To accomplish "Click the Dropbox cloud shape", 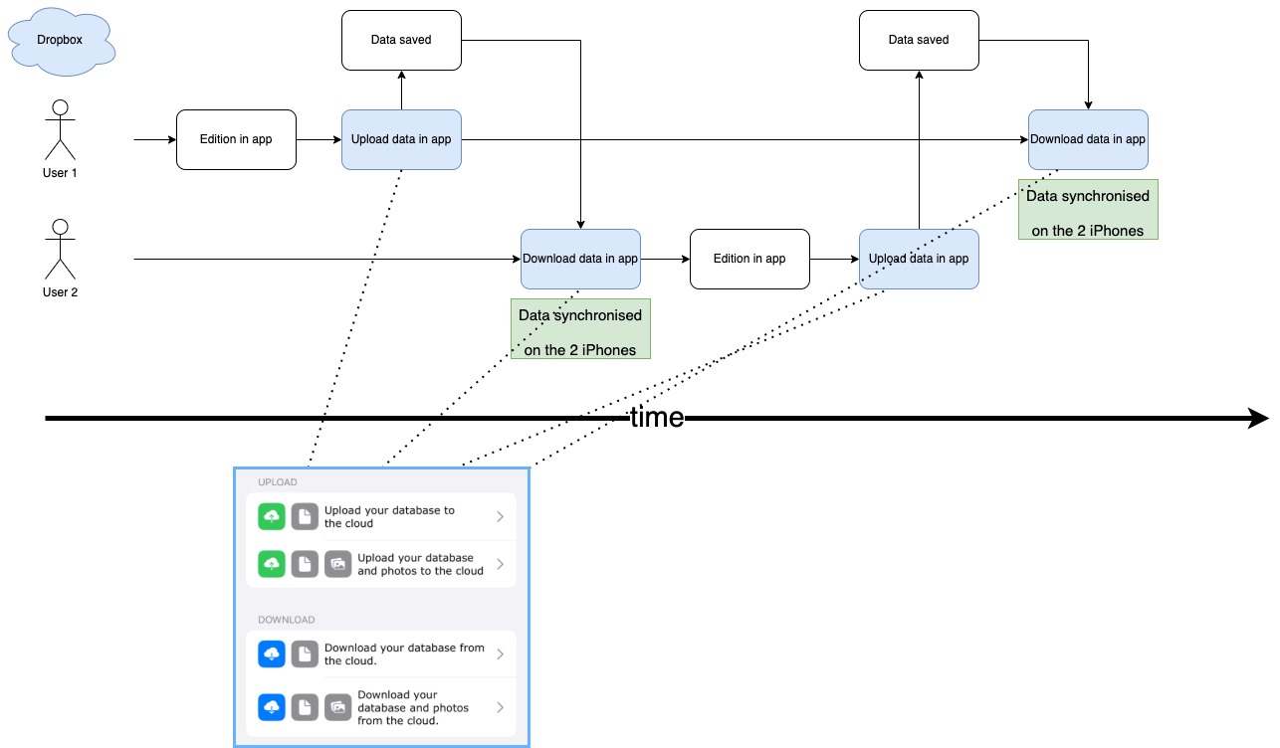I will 60,41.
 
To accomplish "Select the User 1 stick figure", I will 60,129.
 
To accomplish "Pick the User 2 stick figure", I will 60,249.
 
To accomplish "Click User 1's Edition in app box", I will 236,139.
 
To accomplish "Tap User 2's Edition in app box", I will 749,259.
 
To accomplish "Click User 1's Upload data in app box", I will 401,139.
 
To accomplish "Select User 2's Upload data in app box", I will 919,259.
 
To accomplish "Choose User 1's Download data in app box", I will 1088,139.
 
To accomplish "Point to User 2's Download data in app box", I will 580,259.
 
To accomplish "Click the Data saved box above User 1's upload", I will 401,40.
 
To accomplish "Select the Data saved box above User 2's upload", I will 919,40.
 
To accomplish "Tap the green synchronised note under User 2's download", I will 580,328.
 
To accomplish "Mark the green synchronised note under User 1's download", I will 1088,209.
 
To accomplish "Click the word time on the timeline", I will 656,418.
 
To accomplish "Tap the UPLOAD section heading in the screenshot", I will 278,482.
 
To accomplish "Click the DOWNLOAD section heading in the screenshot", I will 286,620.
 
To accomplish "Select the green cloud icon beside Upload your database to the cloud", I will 271,517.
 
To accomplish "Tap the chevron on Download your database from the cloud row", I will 500,654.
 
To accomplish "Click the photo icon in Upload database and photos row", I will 338,564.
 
